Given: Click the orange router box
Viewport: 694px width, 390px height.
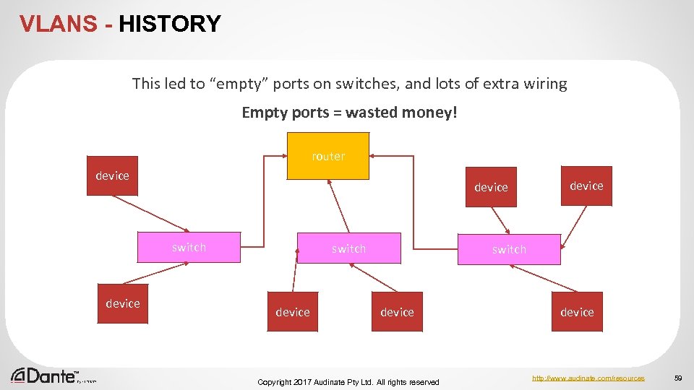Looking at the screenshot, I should click(328, 155).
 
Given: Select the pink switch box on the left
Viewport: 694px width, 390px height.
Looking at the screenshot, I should click(189, 248).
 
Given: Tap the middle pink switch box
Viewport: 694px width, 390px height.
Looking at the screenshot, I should click(348, 248).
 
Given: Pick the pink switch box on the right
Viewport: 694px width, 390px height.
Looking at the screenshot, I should click(509, 249).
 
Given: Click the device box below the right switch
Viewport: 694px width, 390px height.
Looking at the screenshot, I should click(577, 312).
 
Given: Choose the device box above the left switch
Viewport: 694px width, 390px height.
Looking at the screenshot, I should click(112, 176).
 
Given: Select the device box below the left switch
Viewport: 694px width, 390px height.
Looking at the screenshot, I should click(123, 303).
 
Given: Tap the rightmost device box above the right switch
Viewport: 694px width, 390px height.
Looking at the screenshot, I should click(586, 186).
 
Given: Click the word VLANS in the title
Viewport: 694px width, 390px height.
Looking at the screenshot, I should click(58, 24).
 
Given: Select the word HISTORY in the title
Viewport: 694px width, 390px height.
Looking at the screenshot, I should click(170, 24).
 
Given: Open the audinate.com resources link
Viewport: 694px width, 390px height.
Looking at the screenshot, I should click(588, 378).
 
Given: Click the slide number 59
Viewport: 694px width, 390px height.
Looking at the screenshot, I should click(678, 378).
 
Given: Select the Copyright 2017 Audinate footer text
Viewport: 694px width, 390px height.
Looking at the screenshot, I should click(348, 381).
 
